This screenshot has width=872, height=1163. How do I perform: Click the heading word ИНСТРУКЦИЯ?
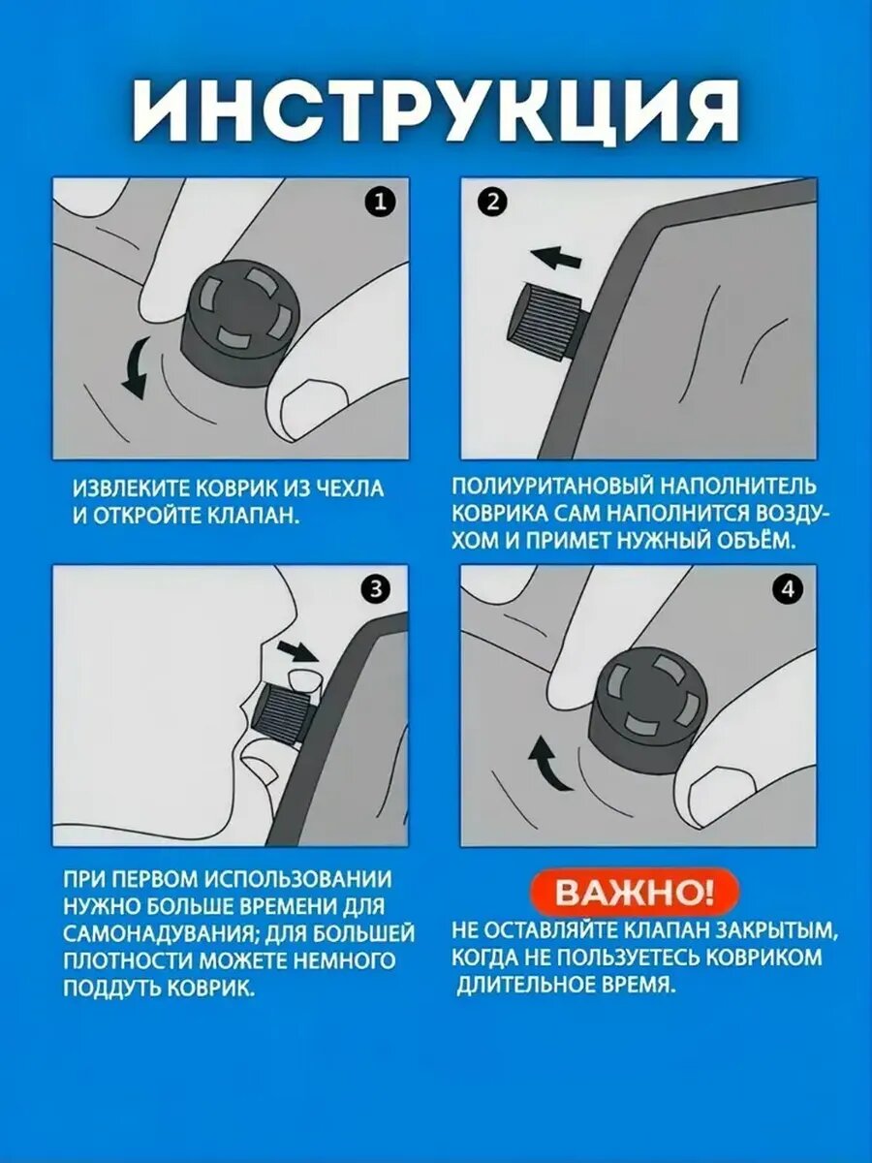point(436,111)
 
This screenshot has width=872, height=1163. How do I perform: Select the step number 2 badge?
point(492,203)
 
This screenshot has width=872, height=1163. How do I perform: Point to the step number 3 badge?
point(375,589)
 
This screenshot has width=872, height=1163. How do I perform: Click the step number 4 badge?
point(788,589)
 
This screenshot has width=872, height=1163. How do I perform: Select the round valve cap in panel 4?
point(651,707)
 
